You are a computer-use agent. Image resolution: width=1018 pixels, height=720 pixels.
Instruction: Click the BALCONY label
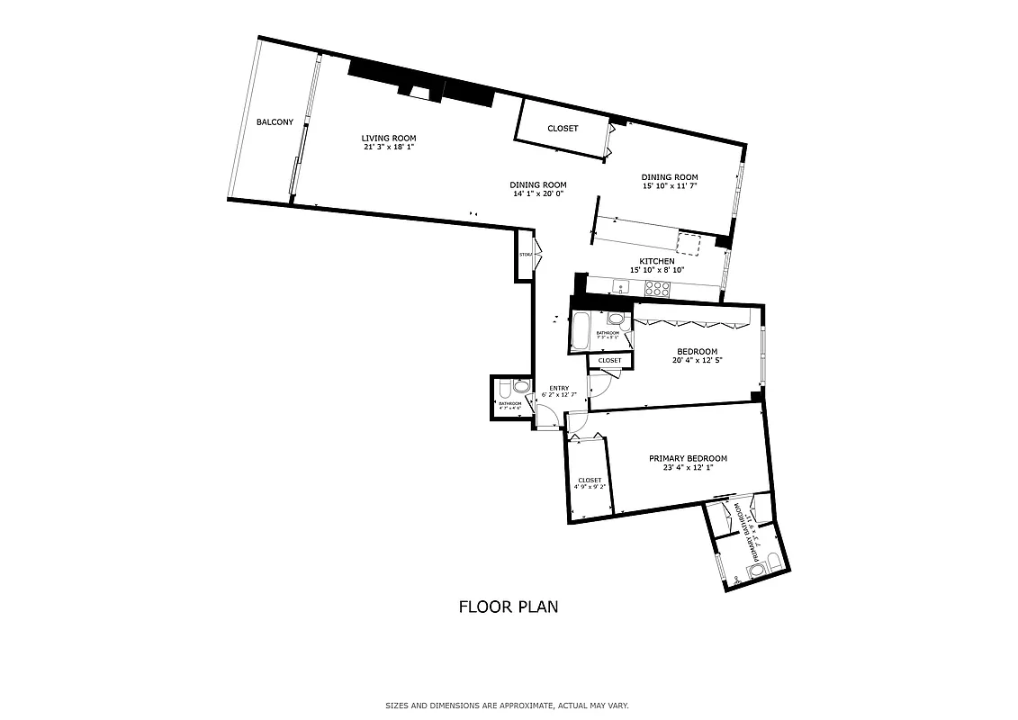coord(275,122)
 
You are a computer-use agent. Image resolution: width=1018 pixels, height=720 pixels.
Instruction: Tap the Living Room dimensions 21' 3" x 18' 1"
coord(387,147)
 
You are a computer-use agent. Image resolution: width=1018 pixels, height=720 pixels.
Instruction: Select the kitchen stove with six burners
coord(657,289)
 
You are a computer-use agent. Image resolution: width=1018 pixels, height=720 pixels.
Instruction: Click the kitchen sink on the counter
coord(620,288)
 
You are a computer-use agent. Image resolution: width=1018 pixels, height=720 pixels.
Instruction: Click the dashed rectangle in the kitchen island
coord(689,243)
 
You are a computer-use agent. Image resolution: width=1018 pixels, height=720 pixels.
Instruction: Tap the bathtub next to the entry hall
coord(581,332)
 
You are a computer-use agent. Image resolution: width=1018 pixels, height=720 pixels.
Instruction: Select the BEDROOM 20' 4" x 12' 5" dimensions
coord(698,360)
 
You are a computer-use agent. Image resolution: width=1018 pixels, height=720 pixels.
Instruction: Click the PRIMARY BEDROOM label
coord(688,458)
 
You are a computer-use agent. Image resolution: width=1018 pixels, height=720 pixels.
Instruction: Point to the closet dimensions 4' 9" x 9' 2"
coord(590,487)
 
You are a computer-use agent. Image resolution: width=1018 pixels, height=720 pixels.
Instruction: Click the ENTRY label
coord(558,388)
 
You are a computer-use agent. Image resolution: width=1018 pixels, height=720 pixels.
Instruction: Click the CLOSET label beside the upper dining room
coord(563,129)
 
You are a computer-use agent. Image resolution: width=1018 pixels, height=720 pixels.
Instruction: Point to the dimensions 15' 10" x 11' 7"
coord(670,185)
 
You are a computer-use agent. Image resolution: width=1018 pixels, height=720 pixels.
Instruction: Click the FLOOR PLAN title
coord(509,607)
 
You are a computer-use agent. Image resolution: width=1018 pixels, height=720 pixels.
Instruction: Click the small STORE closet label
coord(525,255)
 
